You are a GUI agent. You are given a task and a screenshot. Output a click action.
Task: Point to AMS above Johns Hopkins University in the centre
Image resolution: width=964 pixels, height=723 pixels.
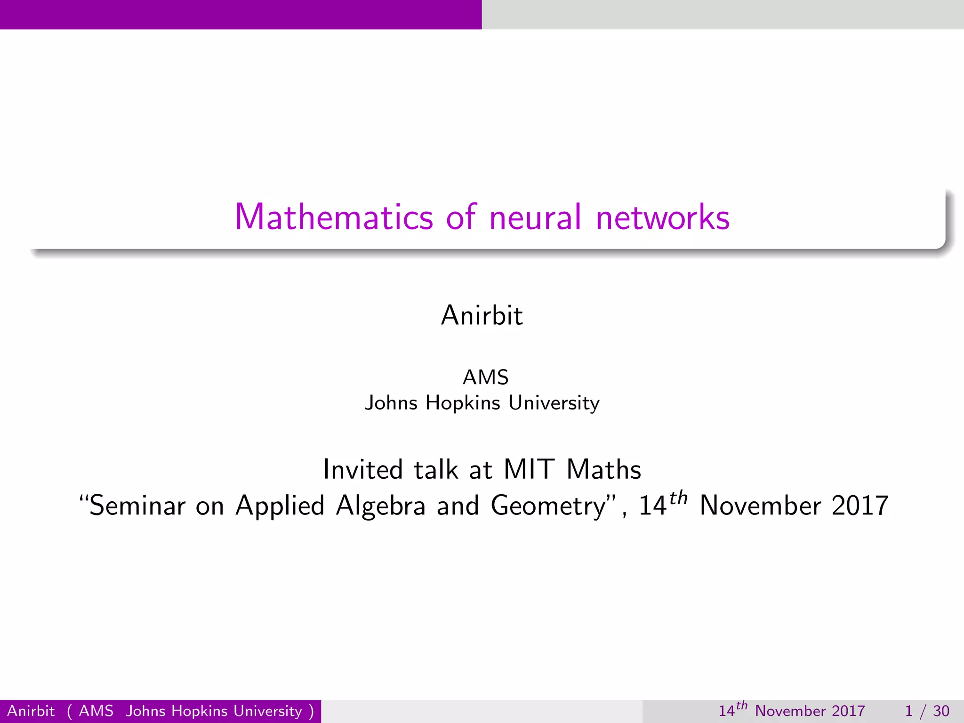(x=486, y=377)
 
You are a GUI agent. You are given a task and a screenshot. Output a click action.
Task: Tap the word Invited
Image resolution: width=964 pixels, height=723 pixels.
(x=363, y=469)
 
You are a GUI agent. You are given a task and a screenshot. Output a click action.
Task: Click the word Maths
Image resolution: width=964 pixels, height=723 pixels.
(x=604, y=469)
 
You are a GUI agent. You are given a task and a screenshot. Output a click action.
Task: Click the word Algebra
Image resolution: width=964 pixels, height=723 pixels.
(x=380, y=506)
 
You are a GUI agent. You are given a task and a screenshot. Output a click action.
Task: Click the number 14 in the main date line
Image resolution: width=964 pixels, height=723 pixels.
(x=652, y=506)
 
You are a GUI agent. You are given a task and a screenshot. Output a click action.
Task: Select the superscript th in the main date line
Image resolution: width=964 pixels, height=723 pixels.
(x=678, y=498)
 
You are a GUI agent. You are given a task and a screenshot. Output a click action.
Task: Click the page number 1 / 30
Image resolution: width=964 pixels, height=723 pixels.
(x=927, y=711)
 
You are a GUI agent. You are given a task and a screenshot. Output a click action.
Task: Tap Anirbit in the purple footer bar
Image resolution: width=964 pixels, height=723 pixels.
(x=31, y=711)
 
